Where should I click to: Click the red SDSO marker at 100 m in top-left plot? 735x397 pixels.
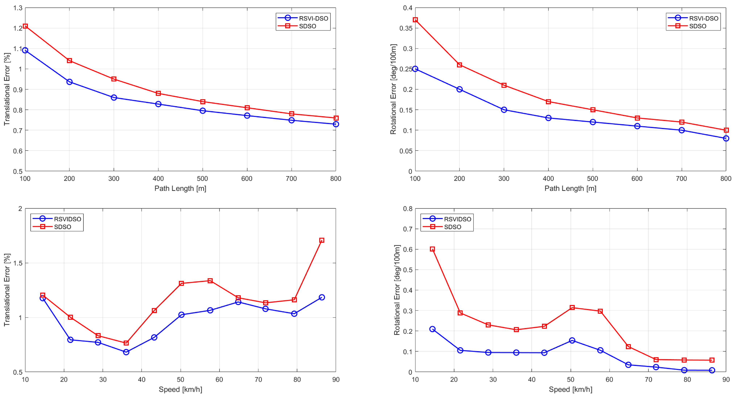25,26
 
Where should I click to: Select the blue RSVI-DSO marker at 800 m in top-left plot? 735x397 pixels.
336,124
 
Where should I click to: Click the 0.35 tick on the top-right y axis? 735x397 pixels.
406,28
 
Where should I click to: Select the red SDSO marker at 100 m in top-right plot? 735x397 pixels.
415,20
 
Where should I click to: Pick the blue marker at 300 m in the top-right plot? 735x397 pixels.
504,110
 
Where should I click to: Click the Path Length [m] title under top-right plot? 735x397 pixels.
570,188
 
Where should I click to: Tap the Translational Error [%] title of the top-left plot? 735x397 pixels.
7,89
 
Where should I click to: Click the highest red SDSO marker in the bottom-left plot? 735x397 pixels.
322,240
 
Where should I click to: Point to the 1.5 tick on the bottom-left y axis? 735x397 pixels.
18,263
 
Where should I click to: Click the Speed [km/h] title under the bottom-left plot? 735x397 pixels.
180,389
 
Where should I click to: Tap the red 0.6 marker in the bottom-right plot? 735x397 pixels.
432,249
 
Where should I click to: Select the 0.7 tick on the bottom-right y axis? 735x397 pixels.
408,229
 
